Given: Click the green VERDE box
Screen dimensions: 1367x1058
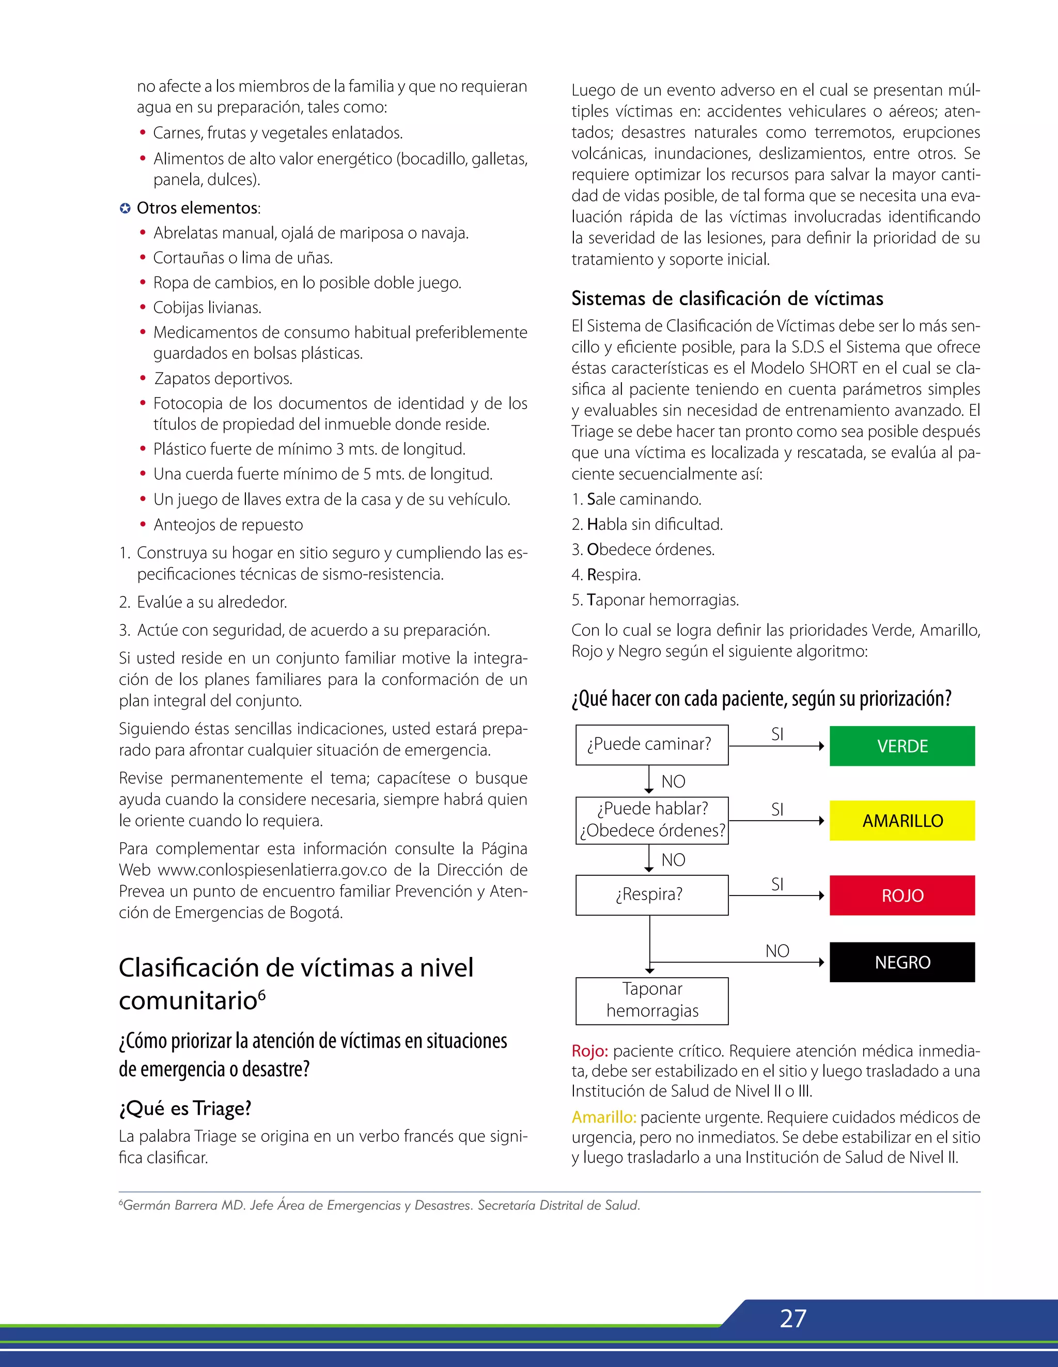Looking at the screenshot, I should point(902,746).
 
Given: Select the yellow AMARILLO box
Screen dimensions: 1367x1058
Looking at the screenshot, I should point(902,821).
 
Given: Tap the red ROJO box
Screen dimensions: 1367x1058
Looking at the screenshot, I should point(902,895).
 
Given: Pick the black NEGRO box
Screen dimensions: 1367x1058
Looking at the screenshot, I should point(902,962).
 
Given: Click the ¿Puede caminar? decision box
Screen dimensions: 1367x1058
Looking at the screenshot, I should point(652,745).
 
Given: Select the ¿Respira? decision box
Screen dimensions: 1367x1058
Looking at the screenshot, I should point(652,895).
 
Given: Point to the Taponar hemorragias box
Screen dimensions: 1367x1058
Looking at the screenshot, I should point(652,1000).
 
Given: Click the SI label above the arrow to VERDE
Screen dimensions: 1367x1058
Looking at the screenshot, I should point(777,734).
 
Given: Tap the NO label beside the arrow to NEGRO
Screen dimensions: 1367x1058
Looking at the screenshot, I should point(777,951).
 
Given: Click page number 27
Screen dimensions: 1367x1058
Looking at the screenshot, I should point(792,1318).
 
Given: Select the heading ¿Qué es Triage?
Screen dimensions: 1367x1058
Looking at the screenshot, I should point(184,1108).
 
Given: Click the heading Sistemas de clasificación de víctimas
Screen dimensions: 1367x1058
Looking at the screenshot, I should point(727,298).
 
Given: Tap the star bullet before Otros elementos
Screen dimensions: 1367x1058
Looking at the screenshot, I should point(125,209).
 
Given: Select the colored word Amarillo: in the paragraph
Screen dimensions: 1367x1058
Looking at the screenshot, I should point(603,1117).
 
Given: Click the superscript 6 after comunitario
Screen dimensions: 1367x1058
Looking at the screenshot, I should point(262,995).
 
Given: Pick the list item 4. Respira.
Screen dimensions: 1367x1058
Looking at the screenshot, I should point(606,575).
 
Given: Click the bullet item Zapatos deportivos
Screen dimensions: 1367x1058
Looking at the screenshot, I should point(223,379).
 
